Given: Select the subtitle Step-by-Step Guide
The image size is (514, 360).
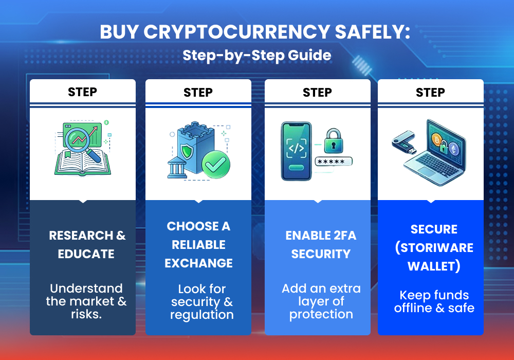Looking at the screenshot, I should tap(256, 55).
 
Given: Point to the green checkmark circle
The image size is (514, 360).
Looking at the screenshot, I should tap(215, 164).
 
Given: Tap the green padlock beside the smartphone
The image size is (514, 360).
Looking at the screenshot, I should tap(334, 140).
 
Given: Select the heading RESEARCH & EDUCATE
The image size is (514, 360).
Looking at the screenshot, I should tap(87, 245).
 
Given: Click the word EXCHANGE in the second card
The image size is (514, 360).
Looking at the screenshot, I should tap(198, 263).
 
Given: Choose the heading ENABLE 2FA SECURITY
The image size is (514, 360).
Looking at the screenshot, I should tap(321, 245).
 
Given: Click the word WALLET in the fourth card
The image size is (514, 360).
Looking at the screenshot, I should tap(434, 266).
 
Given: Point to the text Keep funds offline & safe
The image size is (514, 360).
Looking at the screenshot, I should tap(434, 301).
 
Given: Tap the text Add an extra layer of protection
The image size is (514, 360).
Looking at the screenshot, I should tap(321, 301).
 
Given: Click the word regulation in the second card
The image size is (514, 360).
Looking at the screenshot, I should tap(201, 314).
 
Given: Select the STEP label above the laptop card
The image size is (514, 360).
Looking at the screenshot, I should tap(430, 92).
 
